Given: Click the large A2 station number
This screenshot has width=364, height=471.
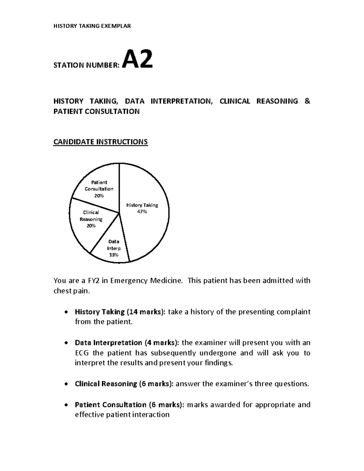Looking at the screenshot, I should (137, 60).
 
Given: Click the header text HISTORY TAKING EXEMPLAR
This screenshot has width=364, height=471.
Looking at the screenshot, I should (92, 26).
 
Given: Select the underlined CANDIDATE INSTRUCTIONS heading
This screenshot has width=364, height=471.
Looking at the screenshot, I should (100, 142).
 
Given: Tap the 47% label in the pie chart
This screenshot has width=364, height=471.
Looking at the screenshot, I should (142, 212).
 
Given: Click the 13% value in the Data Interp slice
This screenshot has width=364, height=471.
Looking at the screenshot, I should (114, 255).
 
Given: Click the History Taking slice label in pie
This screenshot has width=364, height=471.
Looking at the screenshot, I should (142, 205).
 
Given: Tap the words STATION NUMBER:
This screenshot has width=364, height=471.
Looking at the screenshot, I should (86, 65).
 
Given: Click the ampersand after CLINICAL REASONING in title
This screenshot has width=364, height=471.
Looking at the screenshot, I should (307, 101).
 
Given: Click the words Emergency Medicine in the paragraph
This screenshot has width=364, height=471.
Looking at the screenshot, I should (147, 281).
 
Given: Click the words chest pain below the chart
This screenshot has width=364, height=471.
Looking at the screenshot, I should (71, 291).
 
